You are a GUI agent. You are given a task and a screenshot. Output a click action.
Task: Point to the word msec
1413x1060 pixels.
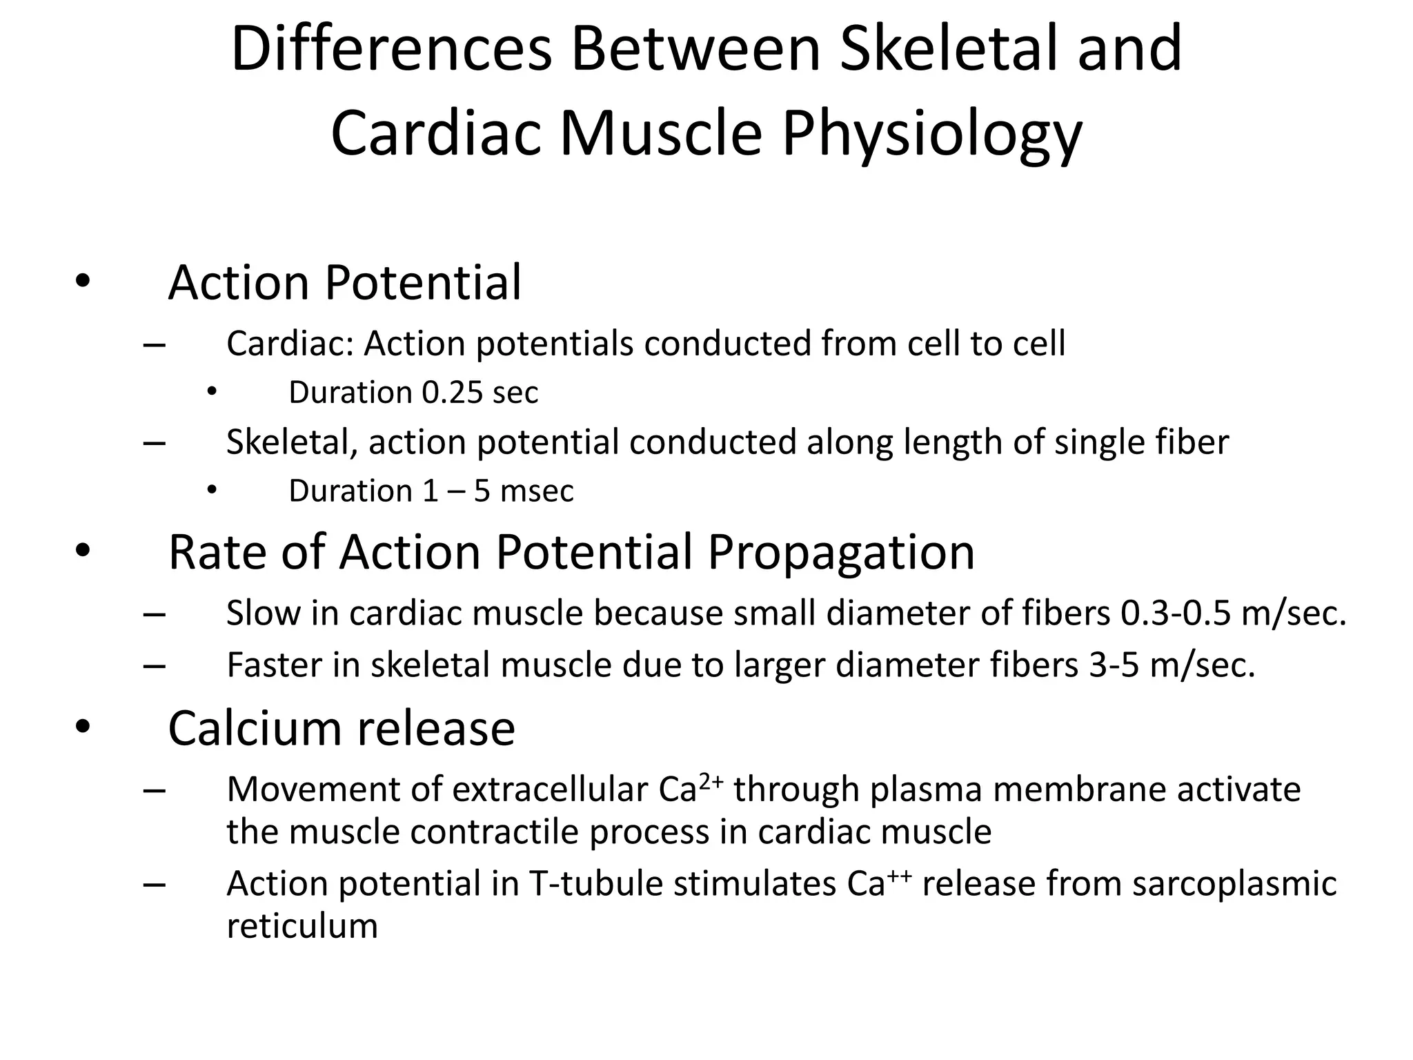pyautogui.click(x=537, y=491)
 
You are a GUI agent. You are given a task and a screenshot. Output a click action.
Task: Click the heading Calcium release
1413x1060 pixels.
pyautogui.click(x=342, y=729)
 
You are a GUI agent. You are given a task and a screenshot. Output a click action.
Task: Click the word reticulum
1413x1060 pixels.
pyautogui.click(x=302, y=926)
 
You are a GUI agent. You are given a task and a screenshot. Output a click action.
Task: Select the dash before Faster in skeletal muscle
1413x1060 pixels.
pyautogui.click(x=154, y=666)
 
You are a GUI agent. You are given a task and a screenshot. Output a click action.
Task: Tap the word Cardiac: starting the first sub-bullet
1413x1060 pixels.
pyautogui.click(x=290, y=344)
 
